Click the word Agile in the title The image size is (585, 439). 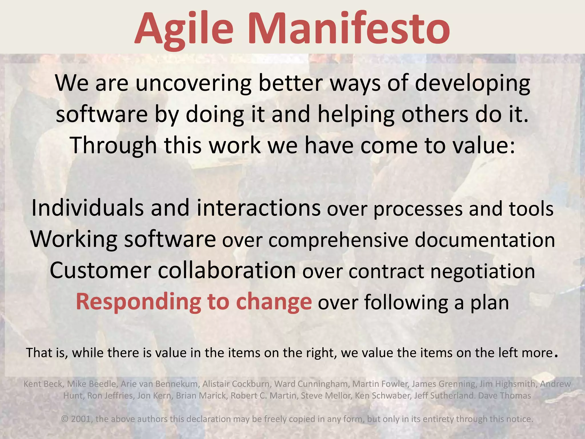pyautogui.click(x=184, y=29)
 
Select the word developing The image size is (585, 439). pyautogui.click(x=472, y=83)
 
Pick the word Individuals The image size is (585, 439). pyautogui.click(x=87, y=208)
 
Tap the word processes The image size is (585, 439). pyautogui.click(x=418, y=210)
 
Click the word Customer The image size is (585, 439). pyautogui.click(x=100, y=271)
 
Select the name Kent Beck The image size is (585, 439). pyautogui.click(x=43, y=384)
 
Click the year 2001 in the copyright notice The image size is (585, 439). pyautogui.click(x=81, y=419)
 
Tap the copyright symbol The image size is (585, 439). pyautogui.click(x=65, y=419)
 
